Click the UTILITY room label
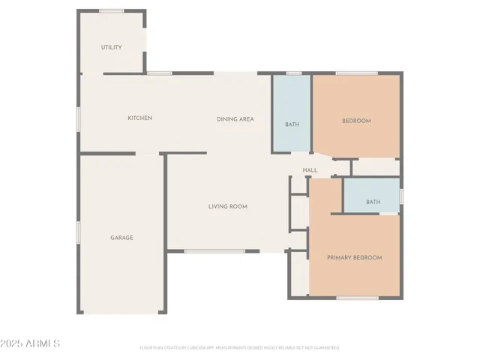coord(112,47)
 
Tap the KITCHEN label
coord(140,118)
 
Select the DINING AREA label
coord(235,119)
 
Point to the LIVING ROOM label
coord(228,206)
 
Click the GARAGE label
coord(122,238)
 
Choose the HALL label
coord(310,170)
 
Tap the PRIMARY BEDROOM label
coord(354,258)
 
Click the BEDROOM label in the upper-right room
coord(356,121)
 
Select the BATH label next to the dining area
coord(292,124)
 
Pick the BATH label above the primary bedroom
coord(373,202)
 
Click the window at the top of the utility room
coord(112,10)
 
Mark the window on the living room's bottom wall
coord(214,251)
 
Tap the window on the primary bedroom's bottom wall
coord(357,298)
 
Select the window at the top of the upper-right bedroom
coord(356,73)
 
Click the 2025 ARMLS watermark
coord(31,343)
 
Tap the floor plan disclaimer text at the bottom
coord(239,348)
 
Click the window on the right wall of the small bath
coord(401,196)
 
